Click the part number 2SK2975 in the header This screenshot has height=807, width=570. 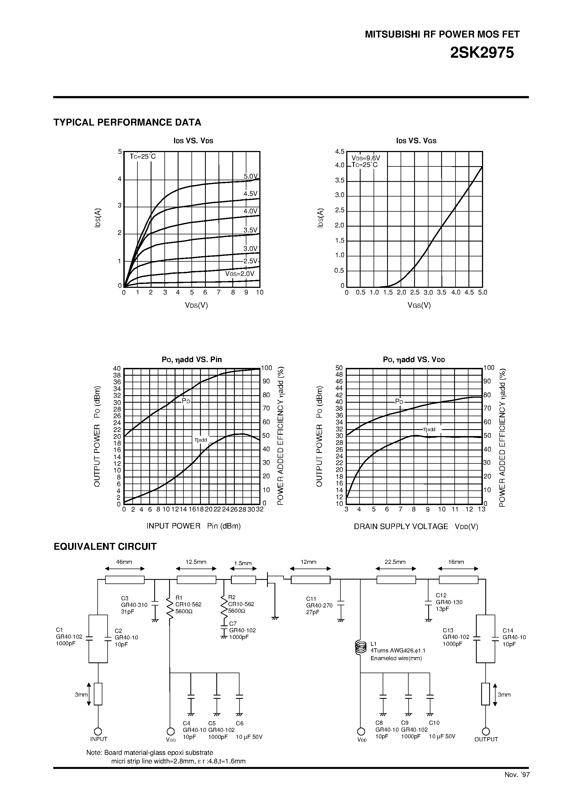coord(482,53)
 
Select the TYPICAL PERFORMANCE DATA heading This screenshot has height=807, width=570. coord(127,122)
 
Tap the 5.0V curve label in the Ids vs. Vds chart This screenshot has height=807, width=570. coord(251,176)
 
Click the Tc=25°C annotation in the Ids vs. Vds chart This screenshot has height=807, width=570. coord(142,157)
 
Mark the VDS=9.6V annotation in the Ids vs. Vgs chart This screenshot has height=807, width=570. coord(366,158)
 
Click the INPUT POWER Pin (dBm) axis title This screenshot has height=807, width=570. coord(193,526)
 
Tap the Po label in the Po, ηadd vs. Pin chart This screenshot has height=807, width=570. coord(186,401)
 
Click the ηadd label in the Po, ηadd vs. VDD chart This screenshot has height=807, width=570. coord(429,429)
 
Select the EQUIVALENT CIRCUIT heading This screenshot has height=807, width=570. coord(105,546)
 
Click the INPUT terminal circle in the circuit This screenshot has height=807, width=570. coord(98,731)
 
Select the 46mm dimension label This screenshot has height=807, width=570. coord(124,562)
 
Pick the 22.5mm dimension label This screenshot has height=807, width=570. coord(395,562)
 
